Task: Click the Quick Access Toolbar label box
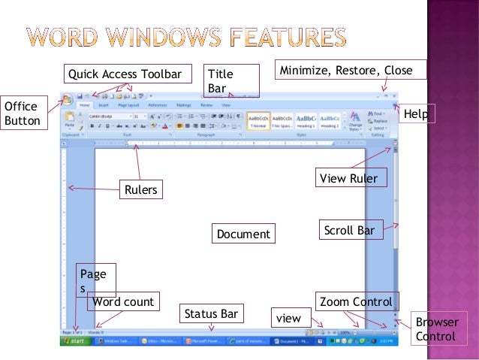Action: tap(125, 74)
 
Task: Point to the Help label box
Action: tap(416, 113)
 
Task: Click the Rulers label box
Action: tap(141, 190)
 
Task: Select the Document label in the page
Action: tap(243, 234)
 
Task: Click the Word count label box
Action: tap(123, 302)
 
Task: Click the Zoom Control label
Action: tap(356, 302)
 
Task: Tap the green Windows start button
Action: tap(75, 341)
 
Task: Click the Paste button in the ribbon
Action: tap(69, 120)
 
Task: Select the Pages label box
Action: tap(95, 282)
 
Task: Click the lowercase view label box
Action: tap(288, 319)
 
